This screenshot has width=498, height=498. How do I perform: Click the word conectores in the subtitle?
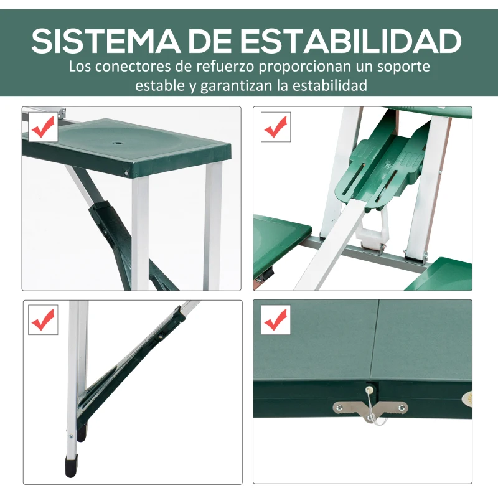pyautogui.click(x=138, y=66)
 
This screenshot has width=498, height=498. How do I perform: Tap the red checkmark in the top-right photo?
pyautogui.click(x=275, y=128)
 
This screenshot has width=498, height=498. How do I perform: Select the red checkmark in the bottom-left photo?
pyautogui.click(x=43, y=321)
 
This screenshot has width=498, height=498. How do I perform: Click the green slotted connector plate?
pyautogui.click(x=377, y=171)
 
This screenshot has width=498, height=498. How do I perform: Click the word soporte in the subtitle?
pyautogui.click(x=399, y=66)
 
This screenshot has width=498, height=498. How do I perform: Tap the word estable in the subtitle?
pyautogui.click(x=158, y=85)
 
